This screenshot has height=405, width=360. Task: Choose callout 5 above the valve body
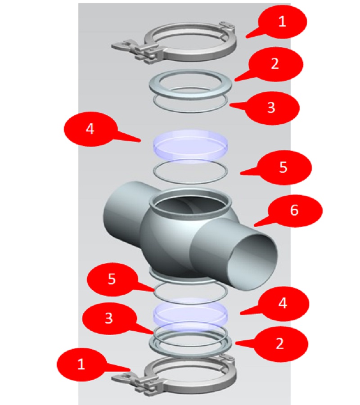(x=283, y=167)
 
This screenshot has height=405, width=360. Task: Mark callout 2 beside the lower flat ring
(x=279, y=344)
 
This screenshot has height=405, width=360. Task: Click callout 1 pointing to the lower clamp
(x=81, y=364)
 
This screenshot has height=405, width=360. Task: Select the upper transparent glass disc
(x=190, y=143)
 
